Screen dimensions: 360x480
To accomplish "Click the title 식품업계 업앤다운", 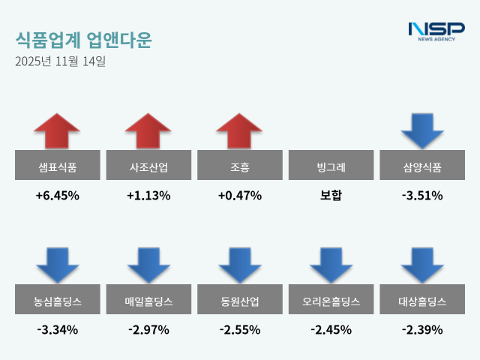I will point(82,40).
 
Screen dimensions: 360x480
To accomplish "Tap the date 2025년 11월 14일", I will point(60,61).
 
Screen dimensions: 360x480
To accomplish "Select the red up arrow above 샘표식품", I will point(57,131).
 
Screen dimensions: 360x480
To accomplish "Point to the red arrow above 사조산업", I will point(148,131).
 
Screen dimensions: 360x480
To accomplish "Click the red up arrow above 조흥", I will point(240,131).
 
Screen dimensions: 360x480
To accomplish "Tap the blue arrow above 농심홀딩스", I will point(57,265).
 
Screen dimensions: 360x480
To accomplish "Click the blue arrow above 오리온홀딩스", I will point(331,265).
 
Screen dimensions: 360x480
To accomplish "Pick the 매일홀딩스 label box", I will point(148,301).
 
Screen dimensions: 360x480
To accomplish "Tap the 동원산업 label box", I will point(240,301).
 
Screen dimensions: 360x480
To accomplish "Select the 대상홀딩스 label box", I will point(423,301).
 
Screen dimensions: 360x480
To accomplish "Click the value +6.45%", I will point(57,196).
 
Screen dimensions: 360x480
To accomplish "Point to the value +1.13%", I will point(148,196).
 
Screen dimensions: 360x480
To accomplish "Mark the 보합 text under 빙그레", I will point(331,196).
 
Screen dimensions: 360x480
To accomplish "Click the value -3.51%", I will point(423,196).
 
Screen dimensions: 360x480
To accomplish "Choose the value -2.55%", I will point(240,329).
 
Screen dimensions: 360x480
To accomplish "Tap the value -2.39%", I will point(423,329).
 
